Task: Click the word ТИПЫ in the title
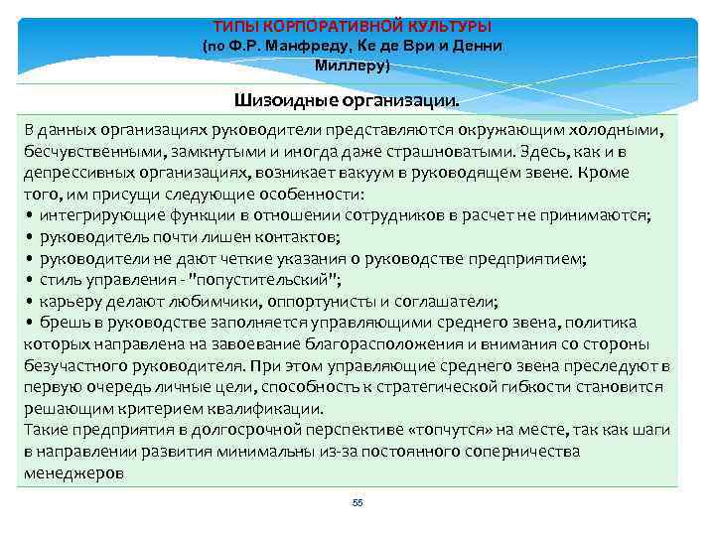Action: [235, 25]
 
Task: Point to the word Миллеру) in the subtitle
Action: [353, 66]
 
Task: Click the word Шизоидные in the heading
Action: [288, 100]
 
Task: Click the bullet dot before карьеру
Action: [31, 302]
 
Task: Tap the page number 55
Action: [357, 503]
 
